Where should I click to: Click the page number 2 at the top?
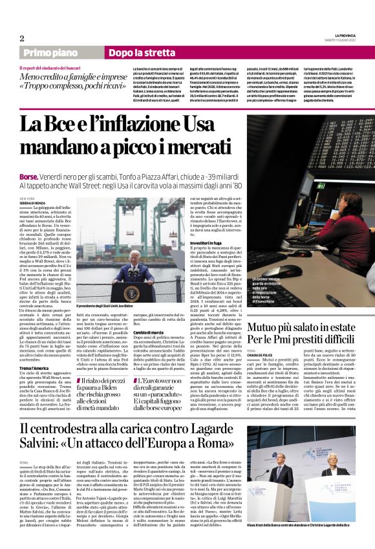click(21, 38)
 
